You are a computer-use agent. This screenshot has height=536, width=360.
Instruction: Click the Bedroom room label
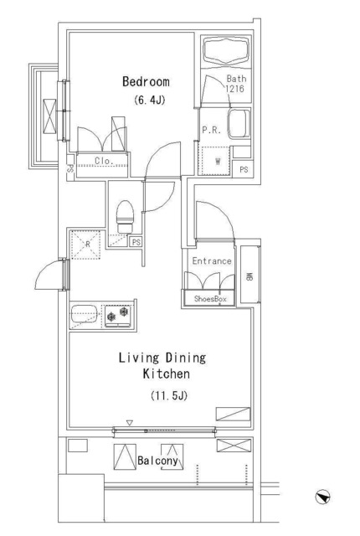(x=146, y=82)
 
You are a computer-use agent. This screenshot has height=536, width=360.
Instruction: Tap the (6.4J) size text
(x=146, y=101)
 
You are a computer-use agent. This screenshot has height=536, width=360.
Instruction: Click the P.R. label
(x=210, y=130)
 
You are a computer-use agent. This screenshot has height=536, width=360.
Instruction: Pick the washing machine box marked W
(x=216, y=159)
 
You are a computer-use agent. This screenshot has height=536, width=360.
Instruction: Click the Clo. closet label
(x=104, y=161)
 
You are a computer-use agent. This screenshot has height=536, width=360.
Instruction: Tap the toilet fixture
(x=125, y=217)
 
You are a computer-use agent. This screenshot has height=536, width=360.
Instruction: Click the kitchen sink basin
(x=84, y=316)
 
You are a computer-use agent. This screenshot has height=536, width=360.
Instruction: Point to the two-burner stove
(x=118, y=316)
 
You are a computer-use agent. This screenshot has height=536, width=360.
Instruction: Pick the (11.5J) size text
(x=167, y=395)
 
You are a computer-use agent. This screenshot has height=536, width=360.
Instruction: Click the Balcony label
(x=157, y=461)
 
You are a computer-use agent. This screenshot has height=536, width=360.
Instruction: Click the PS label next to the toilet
(x=135, y=244)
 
